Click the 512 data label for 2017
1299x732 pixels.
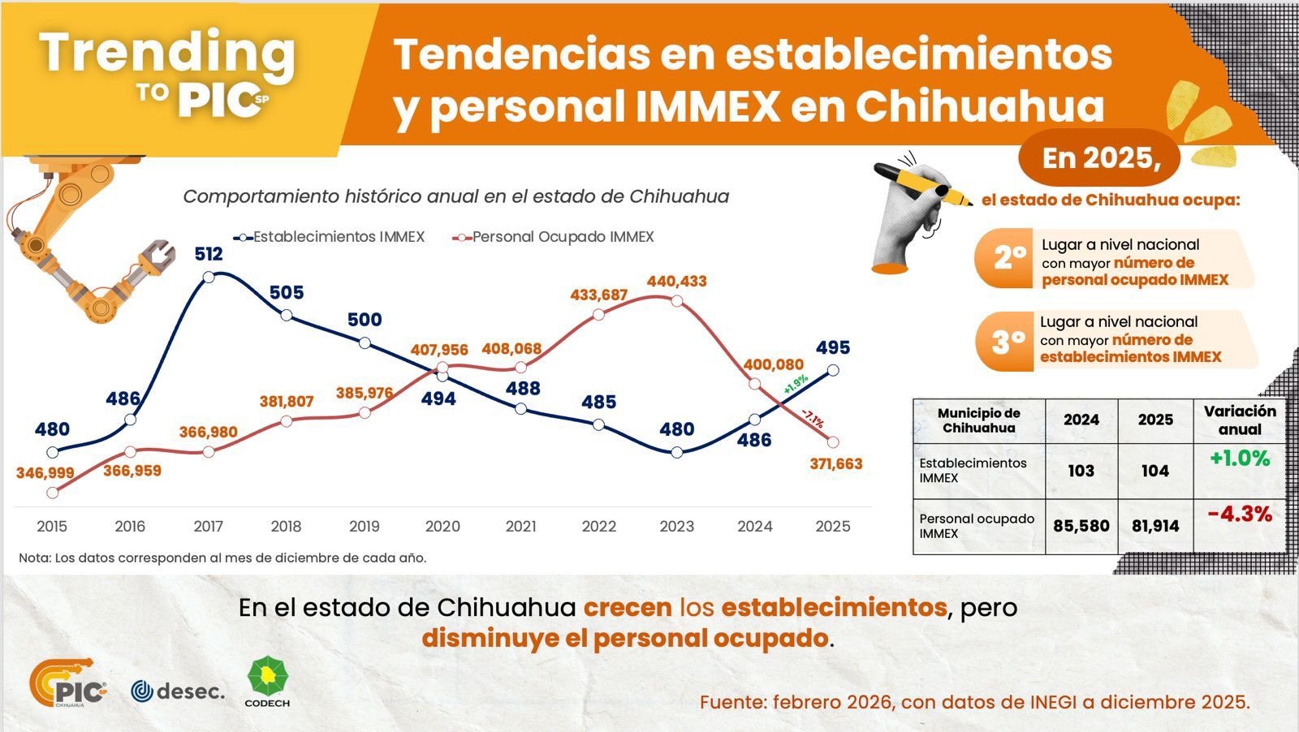209,254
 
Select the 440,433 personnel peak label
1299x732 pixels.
676,282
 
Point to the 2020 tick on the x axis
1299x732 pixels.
442,526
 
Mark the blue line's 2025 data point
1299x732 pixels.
833,370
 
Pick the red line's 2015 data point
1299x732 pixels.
53,493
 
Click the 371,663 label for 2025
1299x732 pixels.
835,464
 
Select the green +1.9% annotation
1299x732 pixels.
796,385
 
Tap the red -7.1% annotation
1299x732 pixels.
812,419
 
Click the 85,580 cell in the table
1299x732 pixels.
1081,526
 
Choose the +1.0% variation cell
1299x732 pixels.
1239,459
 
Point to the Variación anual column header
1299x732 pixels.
1240,420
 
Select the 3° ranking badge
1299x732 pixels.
1007,342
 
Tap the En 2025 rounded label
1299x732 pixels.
1099,157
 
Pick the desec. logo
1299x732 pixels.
177,691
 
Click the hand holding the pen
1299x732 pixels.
913,215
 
